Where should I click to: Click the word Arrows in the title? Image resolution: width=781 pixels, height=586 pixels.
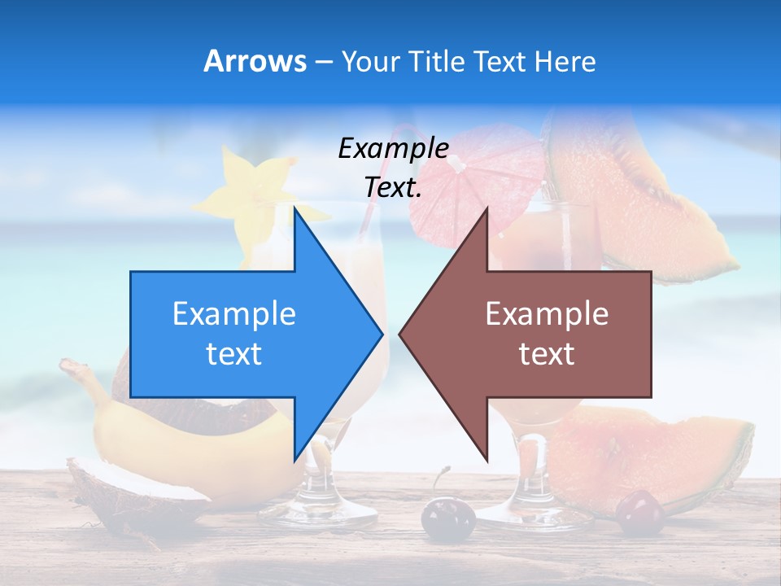click(255, 61)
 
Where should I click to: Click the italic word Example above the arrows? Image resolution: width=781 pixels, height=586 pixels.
click(393, 148)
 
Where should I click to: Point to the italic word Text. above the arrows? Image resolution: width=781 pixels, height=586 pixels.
click(393, 187)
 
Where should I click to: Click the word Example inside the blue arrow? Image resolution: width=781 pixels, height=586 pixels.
click(233, 314)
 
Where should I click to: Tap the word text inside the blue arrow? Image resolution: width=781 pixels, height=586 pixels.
click(233, 354)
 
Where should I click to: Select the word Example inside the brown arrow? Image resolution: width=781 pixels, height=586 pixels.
click(547, 314)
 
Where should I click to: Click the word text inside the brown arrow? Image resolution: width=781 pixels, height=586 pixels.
click(547, 354)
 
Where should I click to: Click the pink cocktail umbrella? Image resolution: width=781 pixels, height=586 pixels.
click(472, 183)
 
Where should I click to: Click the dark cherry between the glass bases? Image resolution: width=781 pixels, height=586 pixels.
click(447, 517)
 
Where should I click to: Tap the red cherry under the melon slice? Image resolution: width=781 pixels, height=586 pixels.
click(640, 513)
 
